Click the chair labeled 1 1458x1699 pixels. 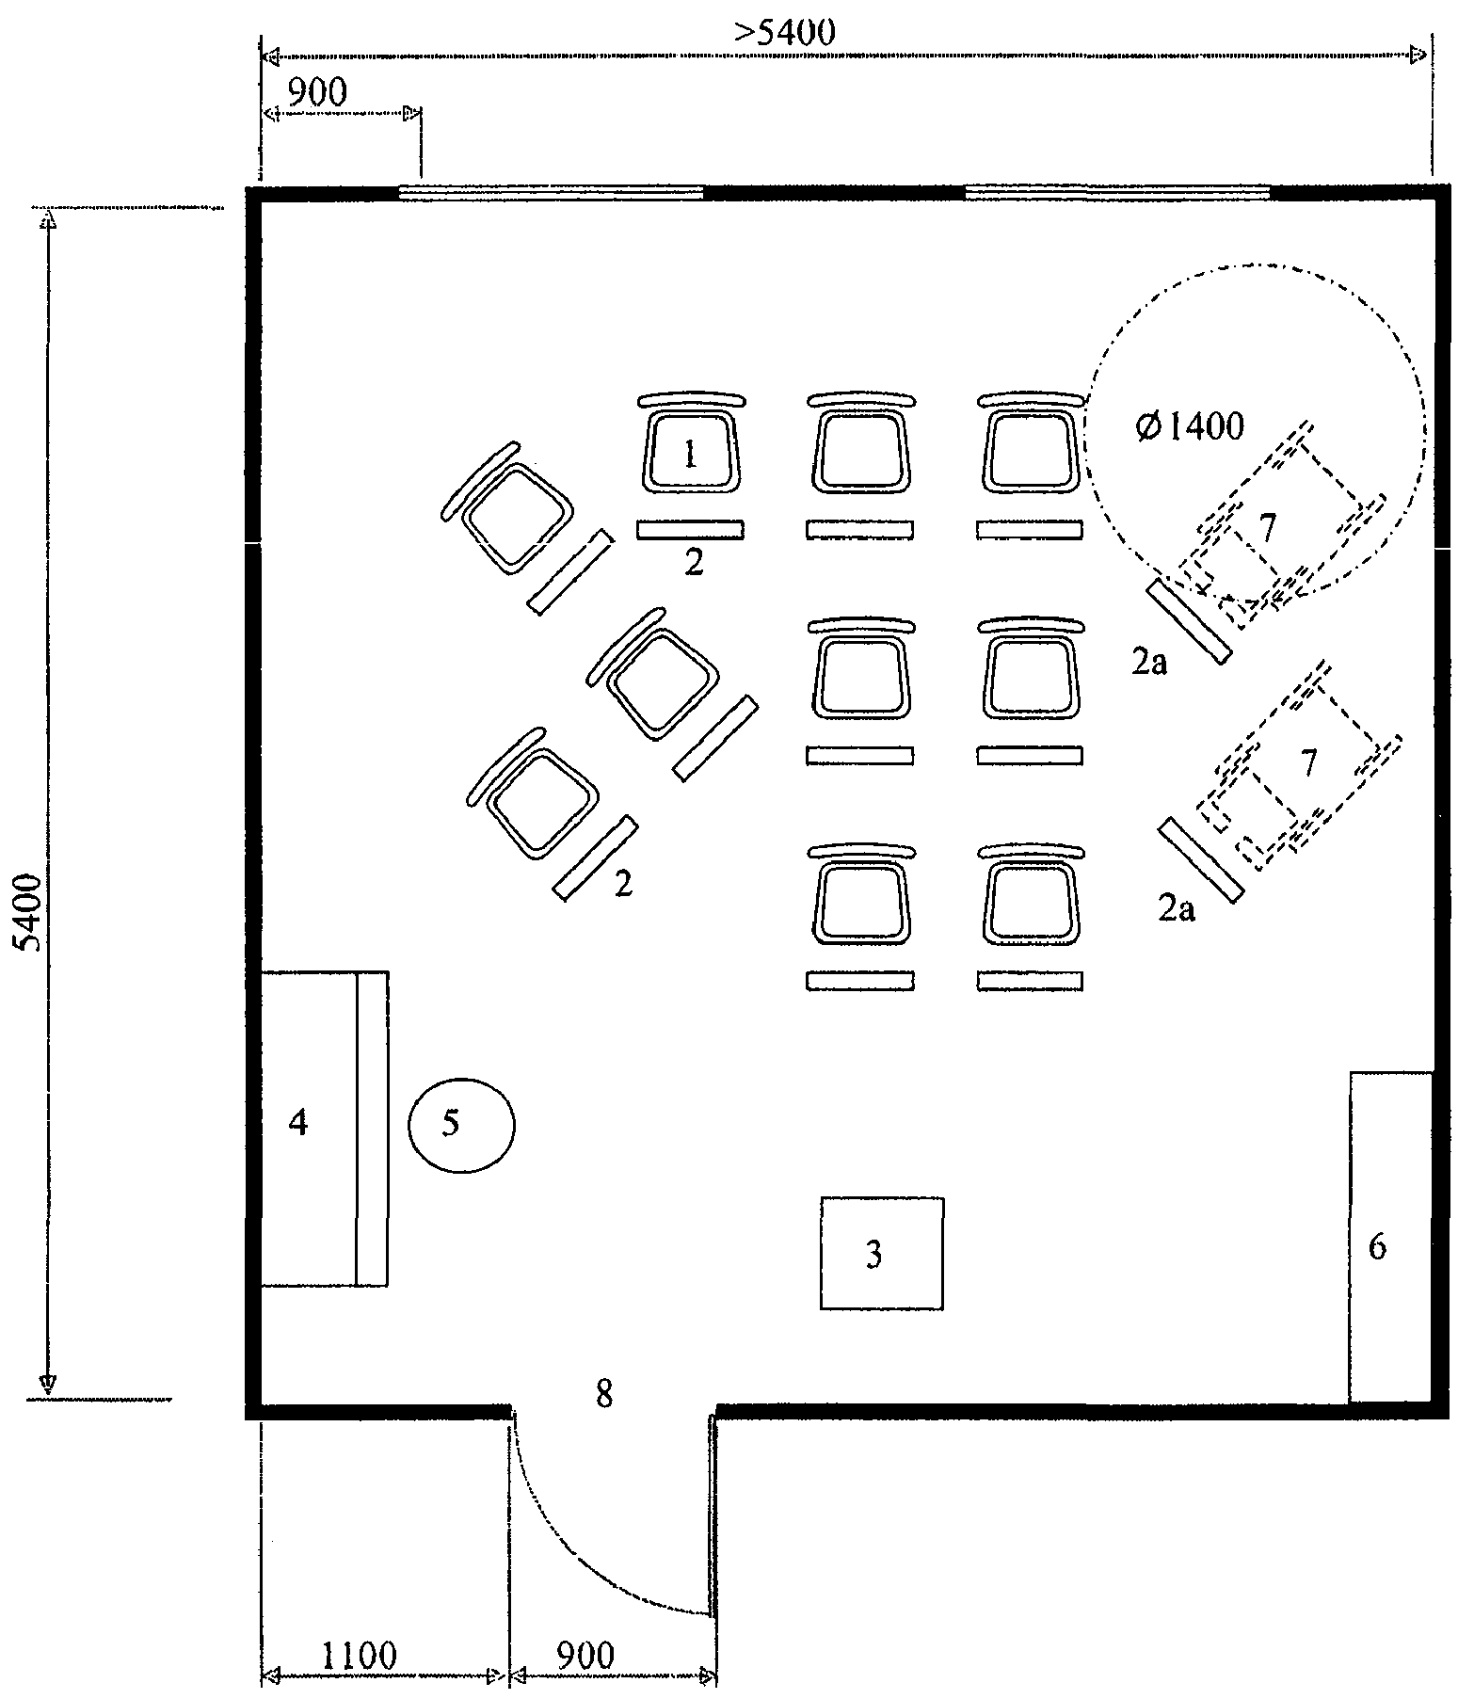pos(690,443)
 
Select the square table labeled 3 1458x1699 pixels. pos(881,1253)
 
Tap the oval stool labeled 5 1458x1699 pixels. pos(461,1125)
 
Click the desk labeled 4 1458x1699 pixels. pos(323,1128)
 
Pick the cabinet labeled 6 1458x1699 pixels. pos(1391,1237)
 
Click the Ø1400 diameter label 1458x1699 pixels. pos(1190,427)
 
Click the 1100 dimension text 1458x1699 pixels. pos(360,1654)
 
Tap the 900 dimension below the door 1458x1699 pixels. pos(585,1654)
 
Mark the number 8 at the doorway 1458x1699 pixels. pos(604,1394)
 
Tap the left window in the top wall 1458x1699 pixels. pos(552,193)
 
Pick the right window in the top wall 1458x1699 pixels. pos(1118,193)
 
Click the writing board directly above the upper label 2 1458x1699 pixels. pos(690,530)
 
